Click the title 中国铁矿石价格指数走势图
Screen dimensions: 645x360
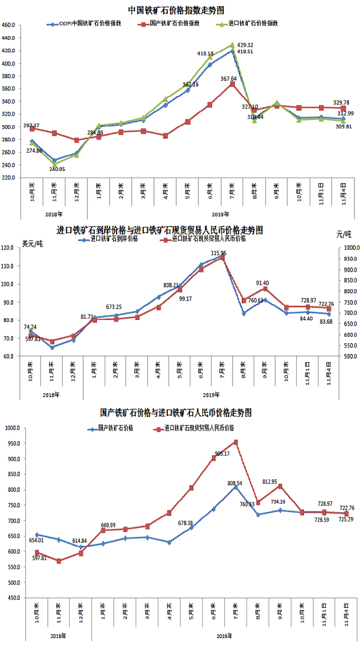[176, 10]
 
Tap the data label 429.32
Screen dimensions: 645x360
[245, 45]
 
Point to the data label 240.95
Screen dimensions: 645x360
[57, 169]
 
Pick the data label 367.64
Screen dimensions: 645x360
[228, 79]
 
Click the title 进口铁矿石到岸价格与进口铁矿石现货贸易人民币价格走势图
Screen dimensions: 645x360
[160, 230]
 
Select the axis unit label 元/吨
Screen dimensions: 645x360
[343, 235]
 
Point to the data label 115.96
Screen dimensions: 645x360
[227, 252]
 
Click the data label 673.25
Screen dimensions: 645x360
[117, 307]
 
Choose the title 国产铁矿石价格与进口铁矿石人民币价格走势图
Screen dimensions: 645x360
[176, 413]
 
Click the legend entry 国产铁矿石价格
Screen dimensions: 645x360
[115, 429]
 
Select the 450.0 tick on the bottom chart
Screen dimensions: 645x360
[12, 598]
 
